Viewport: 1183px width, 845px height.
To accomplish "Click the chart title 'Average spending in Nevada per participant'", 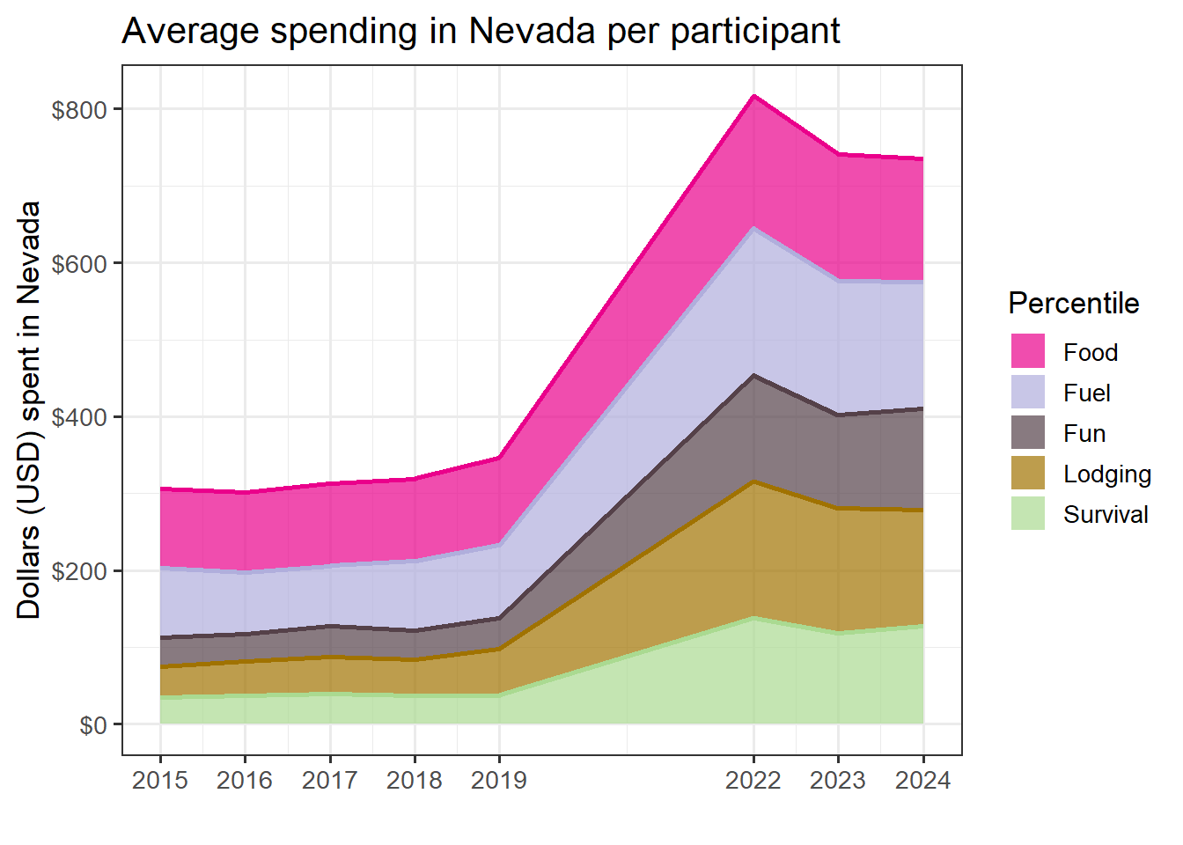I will point(481,32).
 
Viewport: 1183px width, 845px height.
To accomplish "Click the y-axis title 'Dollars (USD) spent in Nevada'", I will point(29,410).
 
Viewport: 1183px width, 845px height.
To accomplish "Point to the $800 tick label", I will point(79,110).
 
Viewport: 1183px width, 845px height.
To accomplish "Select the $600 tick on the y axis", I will point(79,264).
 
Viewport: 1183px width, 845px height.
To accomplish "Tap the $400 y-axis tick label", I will point(79,417).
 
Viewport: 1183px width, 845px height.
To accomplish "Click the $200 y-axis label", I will point(79,571).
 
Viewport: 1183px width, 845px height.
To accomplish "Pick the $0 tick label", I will point(92,725).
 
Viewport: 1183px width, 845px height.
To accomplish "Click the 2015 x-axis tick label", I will point(160,780).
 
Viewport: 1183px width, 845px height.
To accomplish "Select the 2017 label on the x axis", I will point(330,780).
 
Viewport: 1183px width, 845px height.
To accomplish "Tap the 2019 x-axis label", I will point(499,780).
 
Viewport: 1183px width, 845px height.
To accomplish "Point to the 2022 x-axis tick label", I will point(753,780).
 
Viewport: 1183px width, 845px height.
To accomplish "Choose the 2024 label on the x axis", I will point(922,780).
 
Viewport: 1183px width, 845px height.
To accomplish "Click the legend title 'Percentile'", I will point(1073,304).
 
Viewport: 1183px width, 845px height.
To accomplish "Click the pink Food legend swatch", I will point(1027,351).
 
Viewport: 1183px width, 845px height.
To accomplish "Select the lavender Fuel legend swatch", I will point(1027,392).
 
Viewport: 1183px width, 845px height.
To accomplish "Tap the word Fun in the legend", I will point(1084,433).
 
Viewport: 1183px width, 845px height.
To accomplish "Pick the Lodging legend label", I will point(1106,474).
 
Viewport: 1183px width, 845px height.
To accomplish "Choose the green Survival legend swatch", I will point(1027,513).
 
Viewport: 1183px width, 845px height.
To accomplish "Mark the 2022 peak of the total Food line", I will point(753,95).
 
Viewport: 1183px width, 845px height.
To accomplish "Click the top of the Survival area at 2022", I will point(753,617).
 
